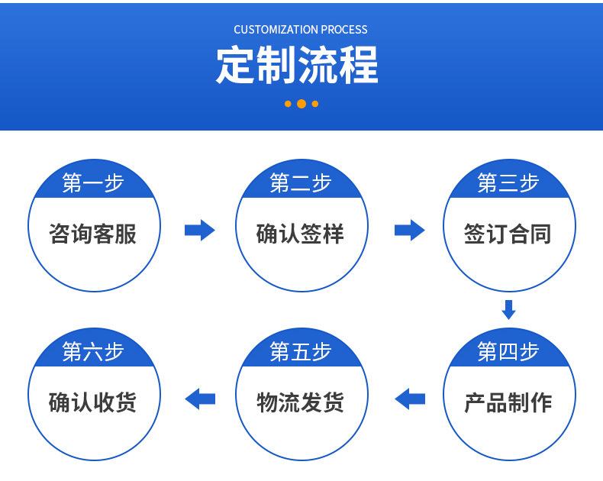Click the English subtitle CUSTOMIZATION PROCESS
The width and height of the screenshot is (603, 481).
tap(300, 30)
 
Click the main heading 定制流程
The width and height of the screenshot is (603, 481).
tap(297, 65)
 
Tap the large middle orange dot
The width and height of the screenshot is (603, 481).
tap(301, 104)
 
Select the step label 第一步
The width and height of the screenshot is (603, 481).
tap(93, 182)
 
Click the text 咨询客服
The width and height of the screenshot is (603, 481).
tap(92, 234)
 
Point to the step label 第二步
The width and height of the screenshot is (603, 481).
tap(301, 182)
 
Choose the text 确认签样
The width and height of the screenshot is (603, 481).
tap(300, 234)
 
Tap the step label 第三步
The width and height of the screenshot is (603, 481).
tap(508, 182)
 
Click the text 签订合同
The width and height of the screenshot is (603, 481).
tap(508, 234)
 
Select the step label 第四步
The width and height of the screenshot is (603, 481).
tap(508, 351)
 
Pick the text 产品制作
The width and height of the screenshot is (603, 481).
tap(508, 402)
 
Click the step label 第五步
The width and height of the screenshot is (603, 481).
tap(301, 351)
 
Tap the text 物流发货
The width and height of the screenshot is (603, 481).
tap(300, 402)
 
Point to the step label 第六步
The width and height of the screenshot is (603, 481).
tap(93, 351)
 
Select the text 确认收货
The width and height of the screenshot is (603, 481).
tap(92, 402)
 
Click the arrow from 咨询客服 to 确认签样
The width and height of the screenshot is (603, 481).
tap(199, 230)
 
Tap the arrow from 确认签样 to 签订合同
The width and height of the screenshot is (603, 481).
tap(410, 230)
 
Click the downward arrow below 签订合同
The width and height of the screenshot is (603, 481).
tap(508, 310)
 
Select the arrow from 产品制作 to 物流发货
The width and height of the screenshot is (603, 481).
tap(410, 399)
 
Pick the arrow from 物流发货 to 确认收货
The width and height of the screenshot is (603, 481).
tap(200, 399)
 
